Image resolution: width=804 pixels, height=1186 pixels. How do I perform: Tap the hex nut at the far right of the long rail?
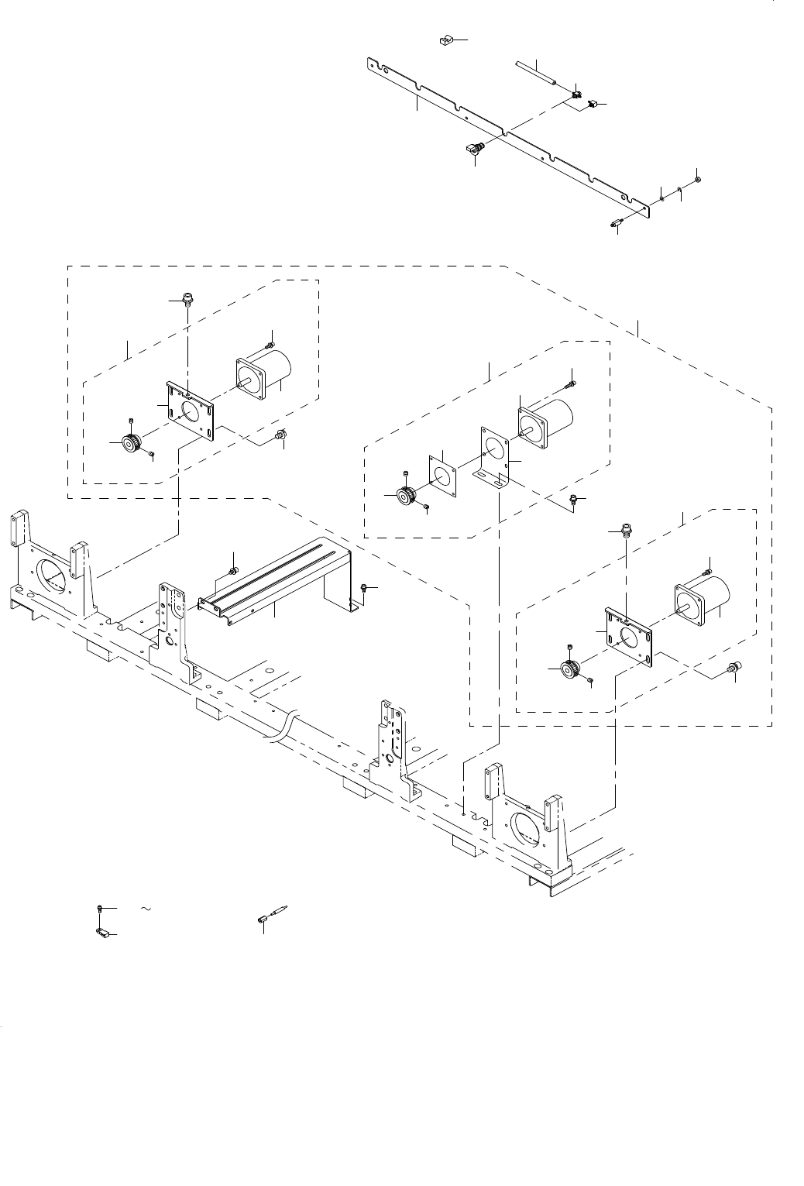pyautogui.click(x=696, y=180)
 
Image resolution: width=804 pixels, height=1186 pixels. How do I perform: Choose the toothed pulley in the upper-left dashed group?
pyautogui.click(x=132, y=442)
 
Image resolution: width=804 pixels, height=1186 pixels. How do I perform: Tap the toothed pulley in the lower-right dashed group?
pyautogui.click(x=571, y=669)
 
